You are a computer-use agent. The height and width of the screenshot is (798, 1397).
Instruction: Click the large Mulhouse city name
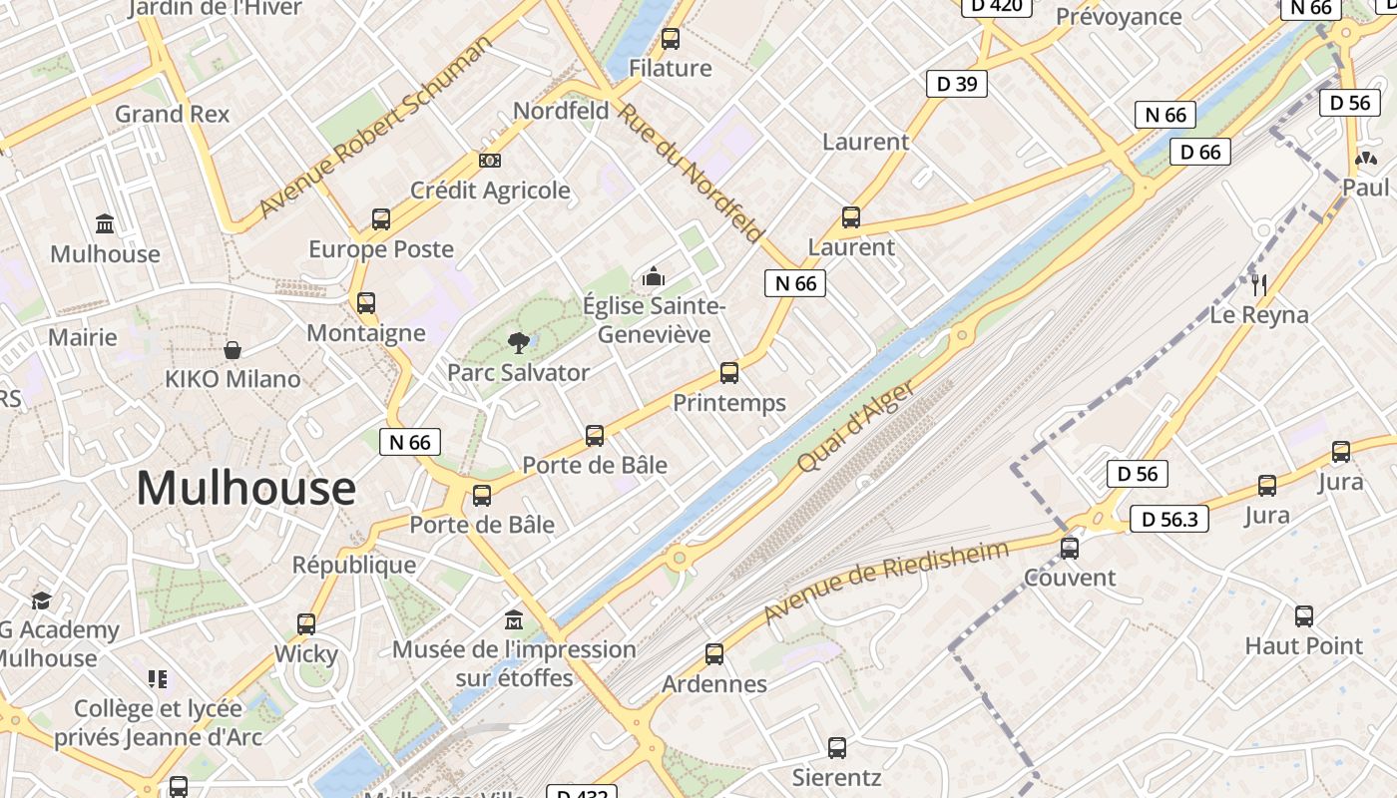[x=245, y=488]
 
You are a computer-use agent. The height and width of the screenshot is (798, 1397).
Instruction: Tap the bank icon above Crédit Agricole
[x=490, y=160]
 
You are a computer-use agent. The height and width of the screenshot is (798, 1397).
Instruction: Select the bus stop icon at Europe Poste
[x=380, y=219]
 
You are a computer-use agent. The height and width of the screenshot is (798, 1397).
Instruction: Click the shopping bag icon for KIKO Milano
[x=233, y=350]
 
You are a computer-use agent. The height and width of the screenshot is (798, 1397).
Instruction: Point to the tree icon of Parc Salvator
[x=518, y=343]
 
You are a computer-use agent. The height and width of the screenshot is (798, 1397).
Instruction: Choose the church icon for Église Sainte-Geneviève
[x=654, y=275]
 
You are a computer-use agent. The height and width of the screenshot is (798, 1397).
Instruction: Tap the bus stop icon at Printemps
[x=729, y=373]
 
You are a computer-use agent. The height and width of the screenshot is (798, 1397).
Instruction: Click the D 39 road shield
[x=956, y=84]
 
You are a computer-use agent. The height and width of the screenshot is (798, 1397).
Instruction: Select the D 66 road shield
[x=1199, y=152]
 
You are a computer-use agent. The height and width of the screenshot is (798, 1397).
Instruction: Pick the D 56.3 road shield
[x=1168, y=519]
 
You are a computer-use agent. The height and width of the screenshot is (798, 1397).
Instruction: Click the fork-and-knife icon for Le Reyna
[x=1259, y=285]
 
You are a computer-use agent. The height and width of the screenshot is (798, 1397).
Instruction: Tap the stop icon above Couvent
[x=1070, y=548]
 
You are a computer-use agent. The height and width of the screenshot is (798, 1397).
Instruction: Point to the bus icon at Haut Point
[x=1304, y=616]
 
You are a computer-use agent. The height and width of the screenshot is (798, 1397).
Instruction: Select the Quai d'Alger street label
[x=855, y=427]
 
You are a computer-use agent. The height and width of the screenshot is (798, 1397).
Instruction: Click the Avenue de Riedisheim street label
[x=885, y=583]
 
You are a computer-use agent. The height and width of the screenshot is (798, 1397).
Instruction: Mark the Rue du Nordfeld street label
[x=691, y=172]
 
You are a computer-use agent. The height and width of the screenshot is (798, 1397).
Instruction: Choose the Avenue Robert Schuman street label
[x=374, y=128]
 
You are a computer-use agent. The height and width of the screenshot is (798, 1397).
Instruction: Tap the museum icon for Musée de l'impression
[x=514, y=619]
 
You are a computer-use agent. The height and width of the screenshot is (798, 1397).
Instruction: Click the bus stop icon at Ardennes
[x=714, y=654]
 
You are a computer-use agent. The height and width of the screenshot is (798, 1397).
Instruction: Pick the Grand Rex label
[x=172, y=114]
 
